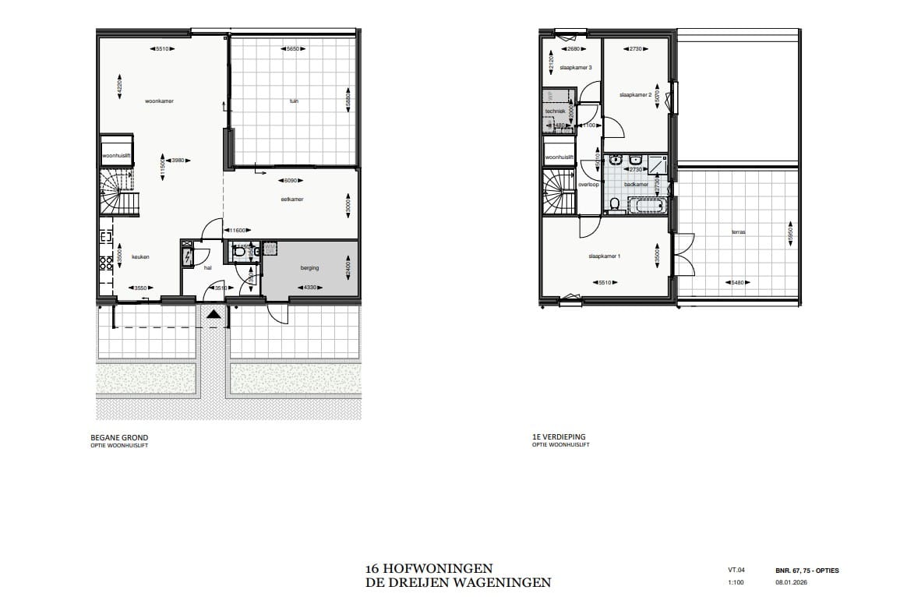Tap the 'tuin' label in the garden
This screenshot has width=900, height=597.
pos(294,101)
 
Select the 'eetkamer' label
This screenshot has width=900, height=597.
pos(292,200)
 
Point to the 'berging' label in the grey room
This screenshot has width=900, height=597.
pos(310,268)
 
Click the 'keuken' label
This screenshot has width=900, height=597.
pos(140,256)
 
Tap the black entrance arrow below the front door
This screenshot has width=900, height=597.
pos(214,314)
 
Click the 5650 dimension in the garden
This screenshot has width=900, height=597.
pos(294,49)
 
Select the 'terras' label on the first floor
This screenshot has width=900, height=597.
pos(737,231)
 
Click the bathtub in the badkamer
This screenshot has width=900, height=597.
pos(646,207)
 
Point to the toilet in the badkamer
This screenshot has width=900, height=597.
pos(615,205)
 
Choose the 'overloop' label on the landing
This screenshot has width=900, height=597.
pos(588,185)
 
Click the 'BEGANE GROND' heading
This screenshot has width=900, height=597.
pos(119,438)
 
